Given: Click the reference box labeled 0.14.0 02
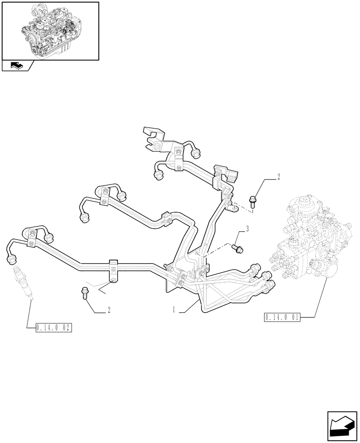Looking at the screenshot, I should coord(53,328).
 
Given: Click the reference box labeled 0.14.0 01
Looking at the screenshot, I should coord(282,317).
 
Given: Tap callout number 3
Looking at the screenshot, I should coord(247,229).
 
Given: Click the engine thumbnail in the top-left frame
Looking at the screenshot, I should coord(50,30).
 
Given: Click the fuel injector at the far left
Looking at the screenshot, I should coord(22,284).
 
